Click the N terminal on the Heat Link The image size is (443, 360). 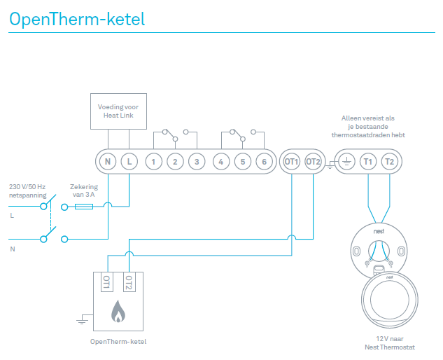(108, 162)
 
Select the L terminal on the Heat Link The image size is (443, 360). (129, 162)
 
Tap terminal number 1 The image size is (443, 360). (154, 162)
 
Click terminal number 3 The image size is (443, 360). (197, 162)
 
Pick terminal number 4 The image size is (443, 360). (221, 162)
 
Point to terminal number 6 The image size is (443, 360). (264, 162)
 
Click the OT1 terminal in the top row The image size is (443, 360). (292, 162)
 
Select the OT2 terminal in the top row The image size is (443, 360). (314, 162)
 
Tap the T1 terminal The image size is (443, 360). (368, 162)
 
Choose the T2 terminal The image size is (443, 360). (390, 162)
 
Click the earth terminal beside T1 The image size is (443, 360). (346, 162)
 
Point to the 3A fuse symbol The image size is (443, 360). (84, 207)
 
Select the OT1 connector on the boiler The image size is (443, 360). (107, 282)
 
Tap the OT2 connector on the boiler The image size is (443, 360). (127, 282)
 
